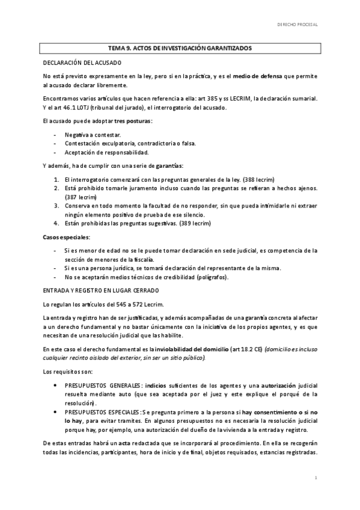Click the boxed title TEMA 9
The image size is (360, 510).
click(x=180, y=48)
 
